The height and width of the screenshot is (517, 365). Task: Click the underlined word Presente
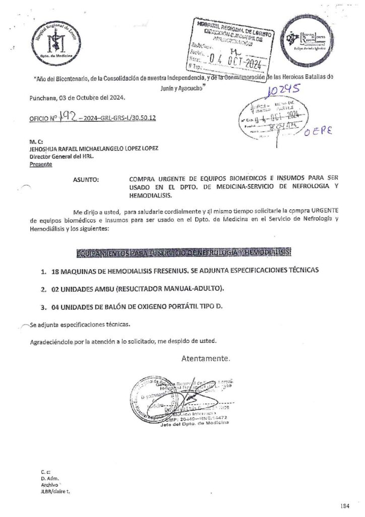41,164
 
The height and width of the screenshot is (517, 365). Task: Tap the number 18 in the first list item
55,271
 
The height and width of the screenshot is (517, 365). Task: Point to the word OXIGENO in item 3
146,306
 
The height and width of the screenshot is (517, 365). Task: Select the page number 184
344,505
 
